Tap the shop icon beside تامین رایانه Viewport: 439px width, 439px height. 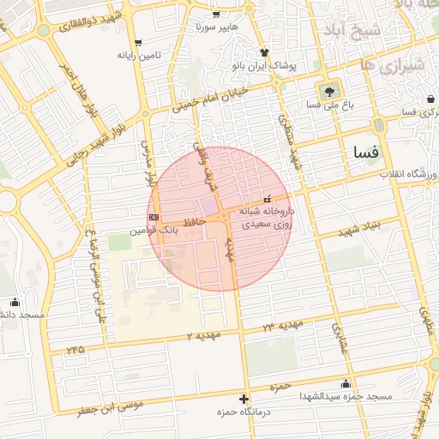tap(139, 42)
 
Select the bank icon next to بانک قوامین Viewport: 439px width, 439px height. tap(153, 218)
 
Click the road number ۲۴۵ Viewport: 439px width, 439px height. tap(75, 350)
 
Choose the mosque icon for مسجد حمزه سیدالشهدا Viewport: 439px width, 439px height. tap(346, 383)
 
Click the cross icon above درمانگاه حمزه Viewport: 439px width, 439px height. tap(244, 399)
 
